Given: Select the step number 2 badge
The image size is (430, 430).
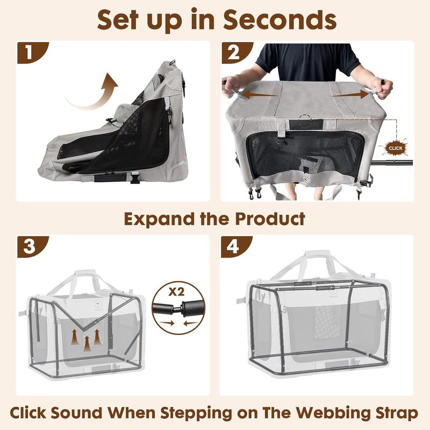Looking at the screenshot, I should (234, 54).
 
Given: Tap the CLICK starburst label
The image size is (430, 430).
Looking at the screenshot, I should (395, 147).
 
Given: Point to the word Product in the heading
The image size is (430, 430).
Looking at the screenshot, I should (271, 219).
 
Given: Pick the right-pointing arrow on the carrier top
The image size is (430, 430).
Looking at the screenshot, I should (349, 96).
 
